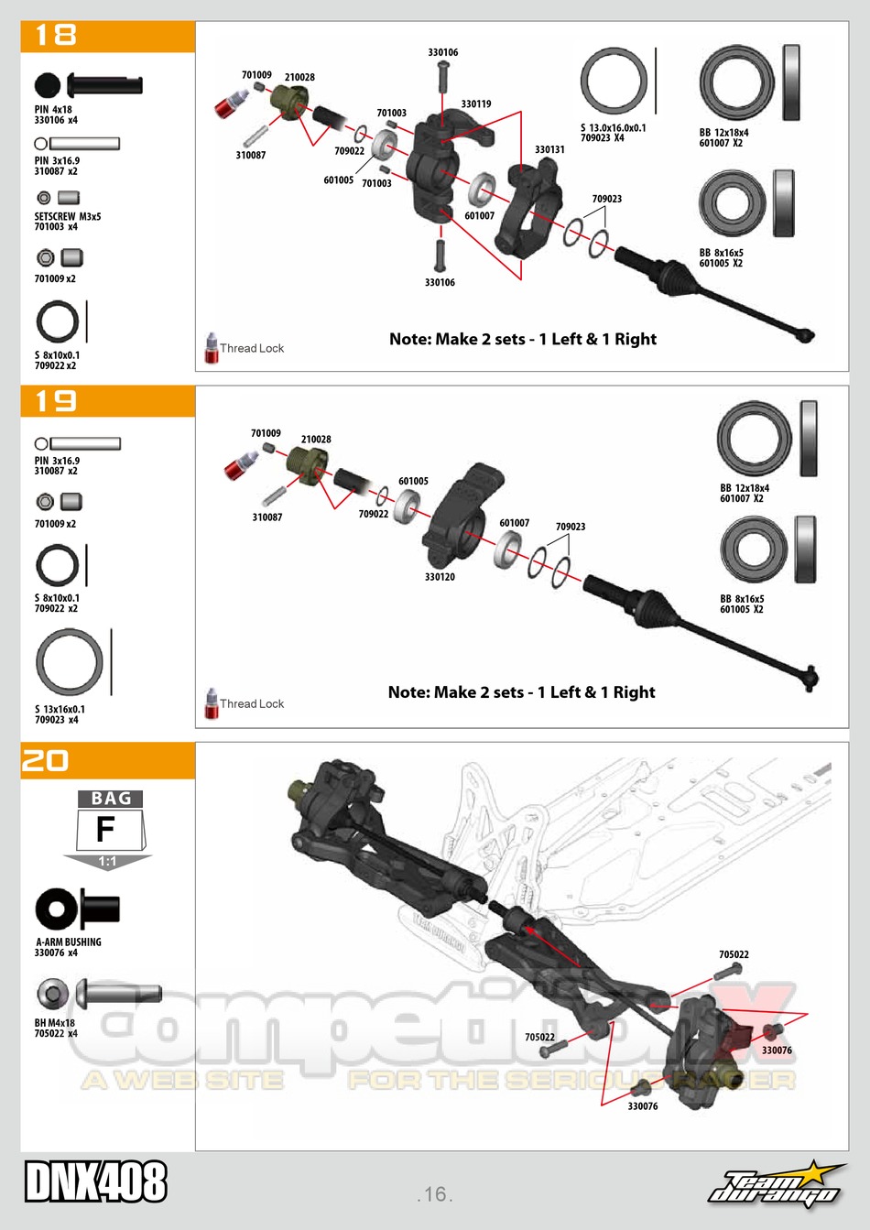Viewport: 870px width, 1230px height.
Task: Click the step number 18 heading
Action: tap(55, 36)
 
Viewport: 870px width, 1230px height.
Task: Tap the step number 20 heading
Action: tap(46, 761)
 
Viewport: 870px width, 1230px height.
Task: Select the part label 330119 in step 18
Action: tap(476, 104)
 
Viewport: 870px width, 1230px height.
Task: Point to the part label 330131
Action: tap(549, 149)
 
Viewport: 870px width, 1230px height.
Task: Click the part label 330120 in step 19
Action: tap(440, 577)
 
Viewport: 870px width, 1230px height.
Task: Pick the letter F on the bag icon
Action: tap(106, 830)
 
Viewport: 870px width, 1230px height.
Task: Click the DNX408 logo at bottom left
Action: tap(96, 1181)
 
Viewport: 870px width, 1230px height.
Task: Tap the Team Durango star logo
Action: tap(777, 1184)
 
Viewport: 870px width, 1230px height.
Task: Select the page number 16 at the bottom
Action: tap(435, 1194)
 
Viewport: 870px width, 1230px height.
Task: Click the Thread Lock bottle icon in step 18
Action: tap(212, 348)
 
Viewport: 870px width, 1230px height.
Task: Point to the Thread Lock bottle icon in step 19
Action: tap(212, 703)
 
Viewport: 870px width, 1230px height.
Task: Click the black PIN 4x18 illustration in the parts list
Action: tap(89, 86)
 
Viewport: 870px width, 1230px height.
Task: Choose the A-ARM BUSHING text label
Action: tap(69, 942)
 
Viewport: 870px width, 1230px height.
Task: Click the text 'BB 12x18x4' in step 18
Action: tap(723, 133)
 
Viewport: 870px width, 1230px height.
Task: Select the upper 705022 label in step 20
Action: tap(734, 954)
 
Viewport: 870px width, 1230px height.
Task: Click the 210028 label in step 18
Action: tap(299, 78)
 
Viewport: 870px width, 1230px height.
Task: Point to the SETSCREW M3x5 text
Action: tap(68, 217)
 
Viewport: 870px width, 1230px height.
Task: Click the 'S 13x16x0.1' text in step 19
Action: tap(60, 709)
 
